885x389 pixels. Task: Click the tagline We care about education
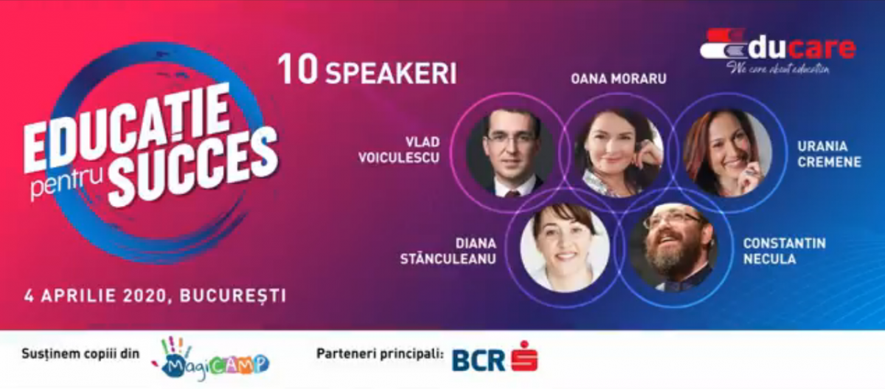pyautogui.click(x=778, y=69)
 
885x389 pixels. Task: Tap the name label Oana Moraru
pyautogui.click(x=608, y=78)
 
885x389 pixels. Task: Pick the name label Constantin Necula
pyautogui.click(x=784, y=251)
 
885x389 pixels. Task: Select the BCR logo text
pyautogui.click(x=479, y=359)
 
